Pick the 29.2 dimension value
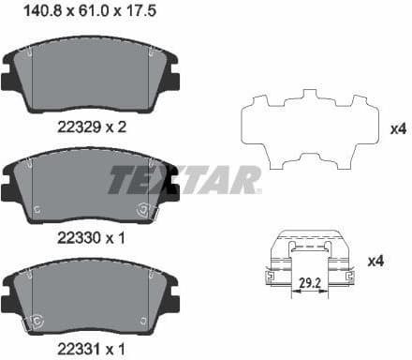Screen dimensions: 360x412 click(309, 280)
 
